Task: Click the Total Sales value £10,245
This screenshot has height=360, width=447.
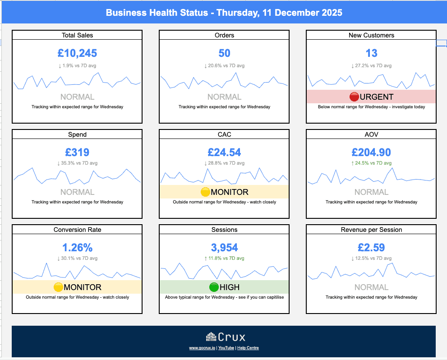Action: [x=77, y=53]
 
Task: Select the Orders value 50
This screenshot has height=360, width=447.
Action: [x=224, y=53]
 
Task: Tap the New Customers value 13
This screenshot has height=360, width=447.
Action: [x=371, y=53]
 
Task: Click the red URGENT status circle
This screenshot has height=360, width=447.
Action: [x=354, y=97]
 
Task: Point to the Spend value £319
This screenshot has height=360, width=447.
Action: [x=77, y=152]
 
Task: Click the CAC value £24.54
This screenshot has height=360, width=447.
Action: [x=224, y=152]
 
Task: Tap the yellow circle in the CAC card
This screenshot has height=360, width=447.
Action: [x=205, y=192]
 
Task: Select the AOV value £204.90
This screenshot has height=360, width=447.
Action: [x=371, y=152]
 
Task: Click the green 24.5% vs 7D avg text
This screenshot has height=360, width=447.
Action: [x=371, y=163]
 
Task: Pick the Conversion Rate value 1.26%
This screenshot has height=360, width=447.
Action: [x=77, y=248]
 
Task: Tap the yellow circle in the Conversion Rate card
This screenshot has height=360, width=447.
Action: [x=58, y=287]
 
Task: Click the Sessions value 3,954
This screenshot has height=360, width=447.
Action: [x=224, y=248]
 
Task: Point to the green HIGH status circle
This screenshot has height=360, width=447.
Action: [x=214, y=287]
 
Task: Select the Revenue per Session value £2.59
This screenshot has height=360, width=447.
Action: [x=371, y=248]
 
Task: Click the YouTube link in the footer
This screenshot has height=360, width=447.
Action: [x=226, y=348]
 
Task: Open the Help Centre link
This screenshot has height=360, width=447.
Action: [x=248, y=348]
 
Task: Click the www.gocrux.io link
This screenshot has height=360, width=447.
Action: [x=202, y=348]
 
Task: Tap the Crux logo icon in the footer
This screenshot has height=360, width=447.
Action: [x=211, y=337]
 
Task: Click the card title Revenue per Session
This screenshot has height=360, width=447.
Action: [x=371, y=230]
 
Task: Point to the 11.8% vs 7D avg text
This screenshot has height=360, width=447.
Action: [x=224, y=258]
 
